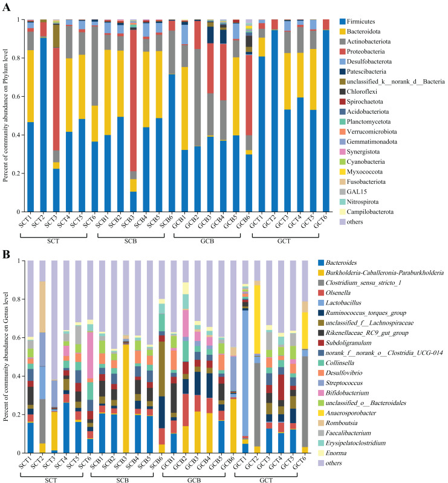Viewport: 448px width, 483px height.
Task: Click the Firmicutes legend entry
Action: pos(357,22)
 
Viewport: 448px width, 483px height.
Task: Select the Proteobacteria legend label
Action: pos(362,51)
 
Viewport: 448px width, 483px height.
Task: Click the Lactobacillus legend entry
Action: pos(340,303)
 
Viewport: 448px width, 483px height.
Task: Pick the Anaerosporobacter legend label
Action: pos(347,413)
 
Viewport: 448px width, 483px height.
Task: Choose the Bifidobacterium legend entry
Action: pos(343,393)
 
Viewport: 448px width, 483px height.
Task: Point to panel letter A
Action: pos(6,7)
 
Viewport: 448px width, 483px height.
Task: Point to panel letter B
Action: pos(6,254)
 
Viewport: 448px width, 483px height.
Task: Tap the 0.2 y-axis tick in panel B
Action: pos(16,415)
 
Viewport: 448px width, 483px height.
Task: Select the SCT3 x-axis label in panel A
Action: pos(51,222)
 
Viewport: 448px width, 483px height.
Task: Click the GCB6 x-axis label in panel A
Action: pos(243,222)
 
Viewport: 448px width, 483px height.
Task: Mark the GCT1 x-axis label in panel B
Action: pos(239,462)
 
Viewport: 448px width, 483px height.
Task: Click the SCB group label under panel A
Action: pos(131,241)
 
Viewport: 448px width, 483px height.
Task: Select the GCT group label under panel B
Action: pos(266,480)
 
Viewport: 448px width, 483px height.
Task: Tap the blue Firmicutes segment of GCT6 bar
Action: pos(326,121)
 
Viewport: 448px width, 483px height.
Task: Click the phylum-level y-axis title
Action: pos(5,115)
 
